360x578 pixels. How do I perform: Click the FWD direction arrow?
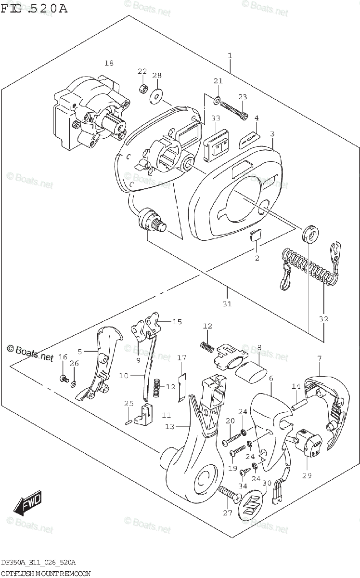[28, 503]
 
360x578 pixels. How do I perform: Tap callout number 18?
[109, 63]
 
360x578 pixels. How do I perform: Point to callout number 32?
[323, 319]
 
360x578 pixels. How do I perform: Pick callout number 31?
[227, 303]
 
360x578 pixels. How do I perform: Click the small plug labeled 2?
[256, 234]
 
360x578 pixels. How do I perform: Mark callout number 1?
[230, 56]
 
